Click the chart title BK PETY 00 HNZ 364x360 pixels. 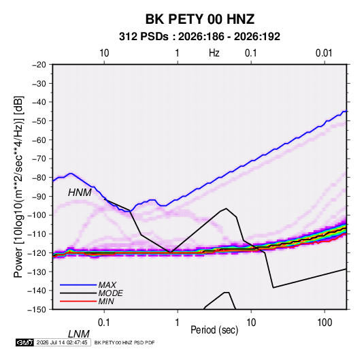point(200,19)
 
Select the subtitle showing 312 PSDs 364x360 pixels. point(199,37)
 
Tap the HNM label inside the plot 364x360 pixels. point(80,193)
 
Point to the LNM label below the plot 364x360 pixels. point(79,334)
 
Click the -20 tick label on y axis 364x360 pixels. point(39,65)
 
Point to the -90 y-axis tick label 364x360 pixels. point(39,197)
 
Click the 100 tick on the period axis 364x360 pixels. point(325,323)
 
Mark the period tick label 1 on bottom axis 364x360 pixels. point(177,323)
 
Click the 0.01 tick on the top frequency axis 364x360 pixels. point(324,53)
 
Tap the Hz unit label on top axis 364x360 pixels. point(214,53)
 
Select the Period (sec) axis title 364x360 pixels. point(214,330)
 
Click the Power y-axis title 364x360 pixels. point(18,186)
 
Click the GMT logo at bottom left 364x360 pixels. point(24,342)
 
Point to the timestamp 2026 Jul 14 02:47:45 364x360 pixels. point(62,342)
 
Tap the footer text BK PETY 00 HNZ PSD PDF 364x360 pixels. point(125,342)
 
